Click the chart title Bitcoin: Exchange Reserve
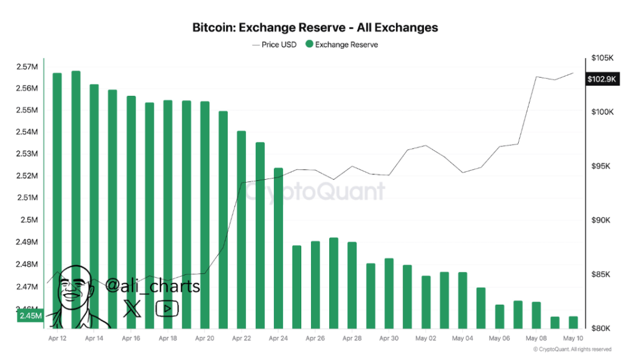tap(315, 27)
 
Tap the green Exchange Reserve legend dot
tap(309, 44)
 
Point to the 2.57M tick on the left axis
tap(27, 66)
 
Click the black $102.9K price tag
tap(601, 79)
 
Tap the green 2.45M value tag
tap(30, 316)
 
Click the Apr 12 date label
tap(57, 338)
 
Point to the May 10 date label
tap(573, 338)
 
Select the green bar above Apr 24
tap(278, 243)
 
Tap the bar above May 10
tap(573, 322)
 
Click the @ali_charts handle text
tap(152, 285)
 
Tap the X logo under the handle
tap(132, 308)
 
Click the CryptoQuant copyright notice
tap(572, 349)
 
